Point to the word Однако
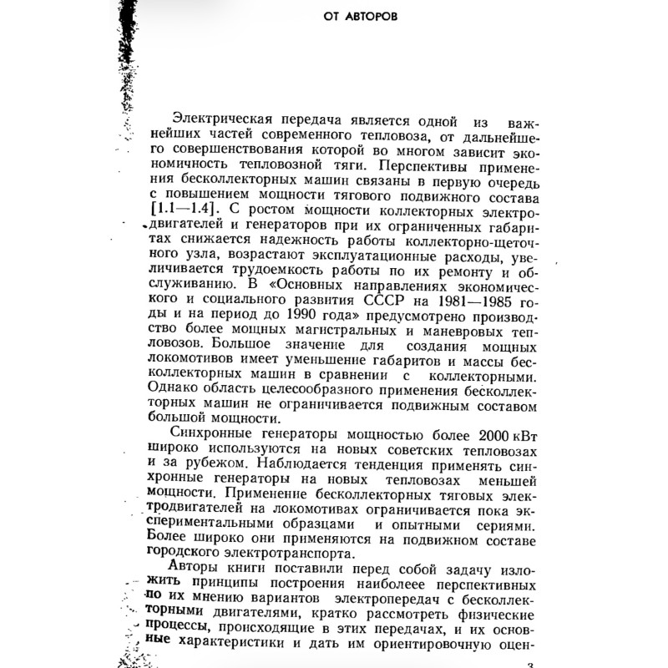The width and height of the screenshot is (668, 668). [173, 389]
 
